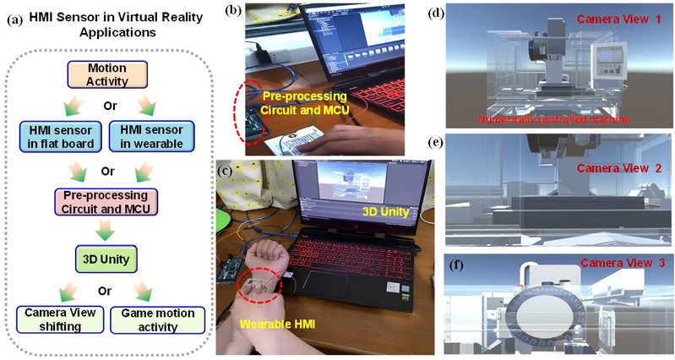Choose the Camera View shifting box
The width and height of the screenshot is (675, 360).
point(60,319)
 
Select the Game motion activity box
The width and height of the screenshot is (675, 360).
point(158,319)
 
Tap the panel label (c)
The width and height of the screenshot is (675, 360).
point(226,169)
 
